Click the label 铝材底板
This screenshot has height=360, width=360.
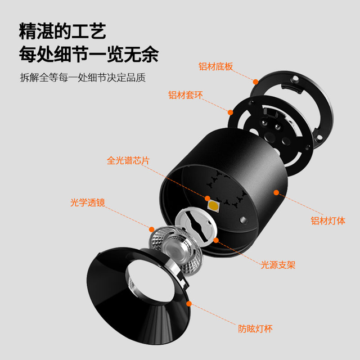tap(215, 66)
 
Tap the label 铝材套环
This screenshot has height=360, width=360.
tap(186, 95)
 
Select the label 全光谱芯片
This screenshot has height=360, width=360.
tap(128, 160)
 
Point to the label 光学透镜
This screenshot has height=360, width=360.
tap(88, 202)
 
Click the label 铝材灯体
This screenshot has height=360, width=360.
tap(328, 220)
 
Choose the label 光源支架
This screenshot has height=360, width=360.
tap(278, 265)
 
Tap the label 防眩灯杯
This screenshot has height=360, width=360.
tap(255, 328)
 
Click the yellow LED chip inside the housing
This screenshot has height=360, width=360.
tap(213, 205)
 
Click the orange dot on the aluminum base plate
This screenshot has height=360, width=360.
tap(255, 82)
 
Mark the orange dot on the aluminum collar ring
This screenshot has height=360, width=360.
tap(230, 112)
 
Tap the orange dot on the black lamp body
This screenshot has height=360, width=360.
tap(276, 192)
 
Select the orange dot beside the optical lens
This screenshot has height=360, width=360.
tap(151, 229)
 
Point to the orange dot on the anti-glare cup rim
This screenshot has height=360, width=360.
tap(189, 304)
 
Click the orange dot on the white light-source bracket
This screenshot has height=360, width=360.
tap(216, 240)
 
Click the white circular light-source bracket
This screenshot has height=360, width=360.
tap(196, 224)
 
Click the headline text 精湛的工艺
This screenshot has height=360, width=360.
tap(62, 31)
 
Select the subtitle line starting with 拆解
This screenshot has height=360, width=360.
tap(83, 78)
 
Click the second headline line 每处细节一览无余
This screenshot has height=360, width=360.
tap(89, 54)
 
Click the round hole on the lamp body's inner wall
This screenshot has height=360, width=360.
tap(244, 220)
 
